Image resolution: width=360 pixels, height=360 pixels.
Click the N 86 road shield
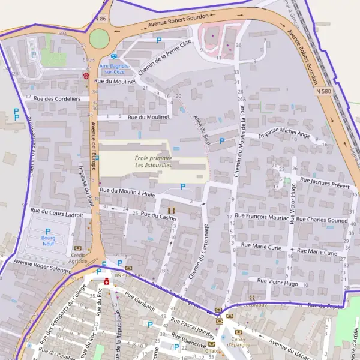[x=100, y=19]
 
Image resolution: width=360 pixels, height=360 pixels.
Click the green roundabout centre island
[x=99, y=40]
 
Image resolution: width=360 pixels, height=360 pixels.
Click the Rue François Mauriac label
[x=261, y=216]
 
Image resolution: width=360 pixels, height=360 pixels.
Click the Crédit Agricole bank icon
[x=77, y=248]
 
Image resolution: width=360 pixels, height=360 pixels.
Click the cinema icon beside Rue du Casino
[x=172, y=210]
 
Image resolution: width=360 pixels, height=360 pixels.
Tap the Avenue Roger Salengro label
[x=43, y=266]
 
